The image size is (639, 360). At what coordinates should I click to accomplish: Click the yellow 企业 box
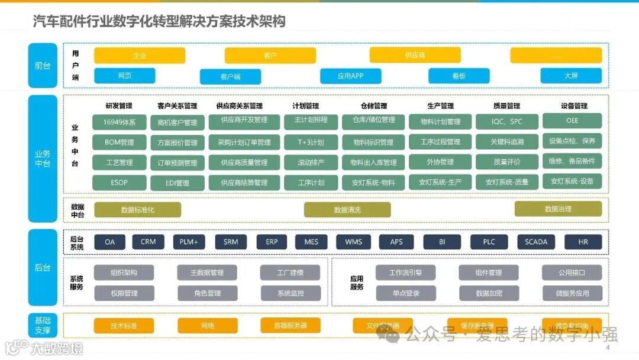point(140,56)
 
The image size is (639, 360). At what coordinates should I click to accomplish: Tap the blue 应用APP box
point(350,76)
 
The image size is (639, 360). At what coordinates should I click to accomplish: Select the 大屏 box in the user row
point(571,76)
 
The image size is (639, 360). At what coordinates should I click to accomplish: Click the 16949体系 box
point(120,123)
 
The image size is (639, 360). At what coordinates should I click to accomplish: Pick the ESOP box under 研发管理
point(120,182)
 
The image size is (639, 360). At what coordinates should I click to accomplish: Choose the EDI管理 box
point(177,183)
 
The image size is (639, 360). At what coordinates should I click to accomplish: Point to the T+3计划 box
point(311,142)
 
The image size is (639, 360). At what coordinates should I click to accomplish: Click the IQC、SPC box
point(507,122)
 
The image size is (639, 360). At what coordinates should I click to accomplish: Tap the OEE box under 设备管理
point(572,121)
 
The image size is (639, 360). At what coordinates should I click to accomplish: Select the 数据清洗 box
point(347,210)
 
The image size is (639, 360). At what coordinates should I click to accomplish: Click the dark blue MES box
point(311,242)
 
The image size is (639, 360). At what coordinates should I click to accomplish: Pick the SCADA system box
point(536,242)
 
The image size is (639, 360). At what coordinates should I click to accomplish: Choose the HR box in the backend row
point(583,242)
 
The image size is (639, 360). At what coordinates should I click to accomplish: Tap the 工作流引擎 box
point(405,272)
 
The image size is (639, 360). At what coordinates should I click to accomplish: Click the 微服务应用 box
point(572,293)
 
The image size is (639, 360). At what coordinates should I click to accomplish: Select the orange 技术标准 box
point(124,326)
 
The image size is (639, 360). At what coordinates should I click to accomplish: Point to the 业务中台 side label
point(43,159)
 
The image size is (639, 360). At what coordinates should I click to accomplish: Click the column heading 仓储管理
point(373,106)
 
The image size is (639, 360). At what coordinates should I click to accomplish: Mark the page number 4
point(608,348)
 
